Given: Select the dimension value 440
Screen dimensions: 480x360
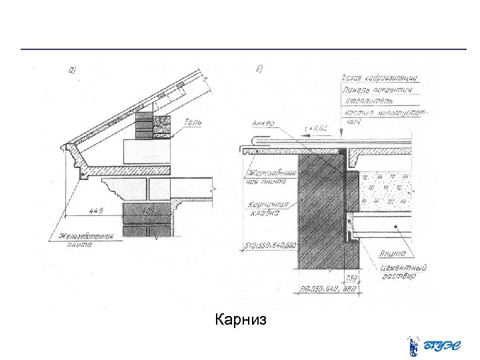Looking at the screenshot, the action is [x=97, y=212].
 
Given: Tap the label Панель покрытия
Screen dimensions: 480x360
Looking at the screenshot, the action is [x=377, y=89].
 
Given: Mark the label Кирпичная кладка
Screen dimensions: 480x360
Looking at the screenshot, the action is [x=267, y=209].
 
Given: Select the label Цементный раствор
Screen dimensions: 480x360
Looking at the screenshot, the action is [x=400, y=271].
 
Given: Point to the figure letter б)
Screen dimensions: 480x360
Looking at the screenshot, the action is [x=259, y=68].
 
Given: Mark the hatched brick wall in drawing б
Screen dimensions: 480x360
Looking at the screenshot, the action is [x=319, y=207].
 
